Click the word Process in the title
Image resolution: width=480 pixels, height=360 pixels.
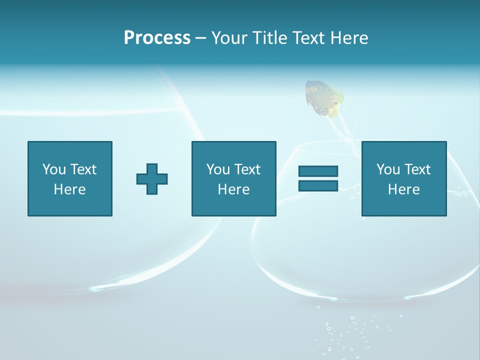click(x=157, y=38)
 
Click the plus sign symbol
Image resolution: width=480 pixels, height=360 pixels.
click(x=152, y=179)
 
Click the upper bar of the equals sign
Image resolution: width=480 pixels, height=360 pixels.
click(x=318, y=171)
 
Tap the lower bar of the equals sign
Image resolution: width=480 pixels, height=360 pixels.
click(x=318, y=186)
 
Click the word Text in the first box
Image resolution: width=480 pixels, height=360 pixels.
click(x=82, y=169)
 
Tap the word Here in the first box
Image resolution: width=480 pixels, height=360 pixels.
click(x=69, y=189)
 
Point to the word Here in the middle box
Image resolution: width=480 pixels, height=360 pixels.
click(x=233, y=189)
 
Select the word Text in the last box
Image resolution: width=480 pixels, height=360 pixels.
click(x=416, y=169)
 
